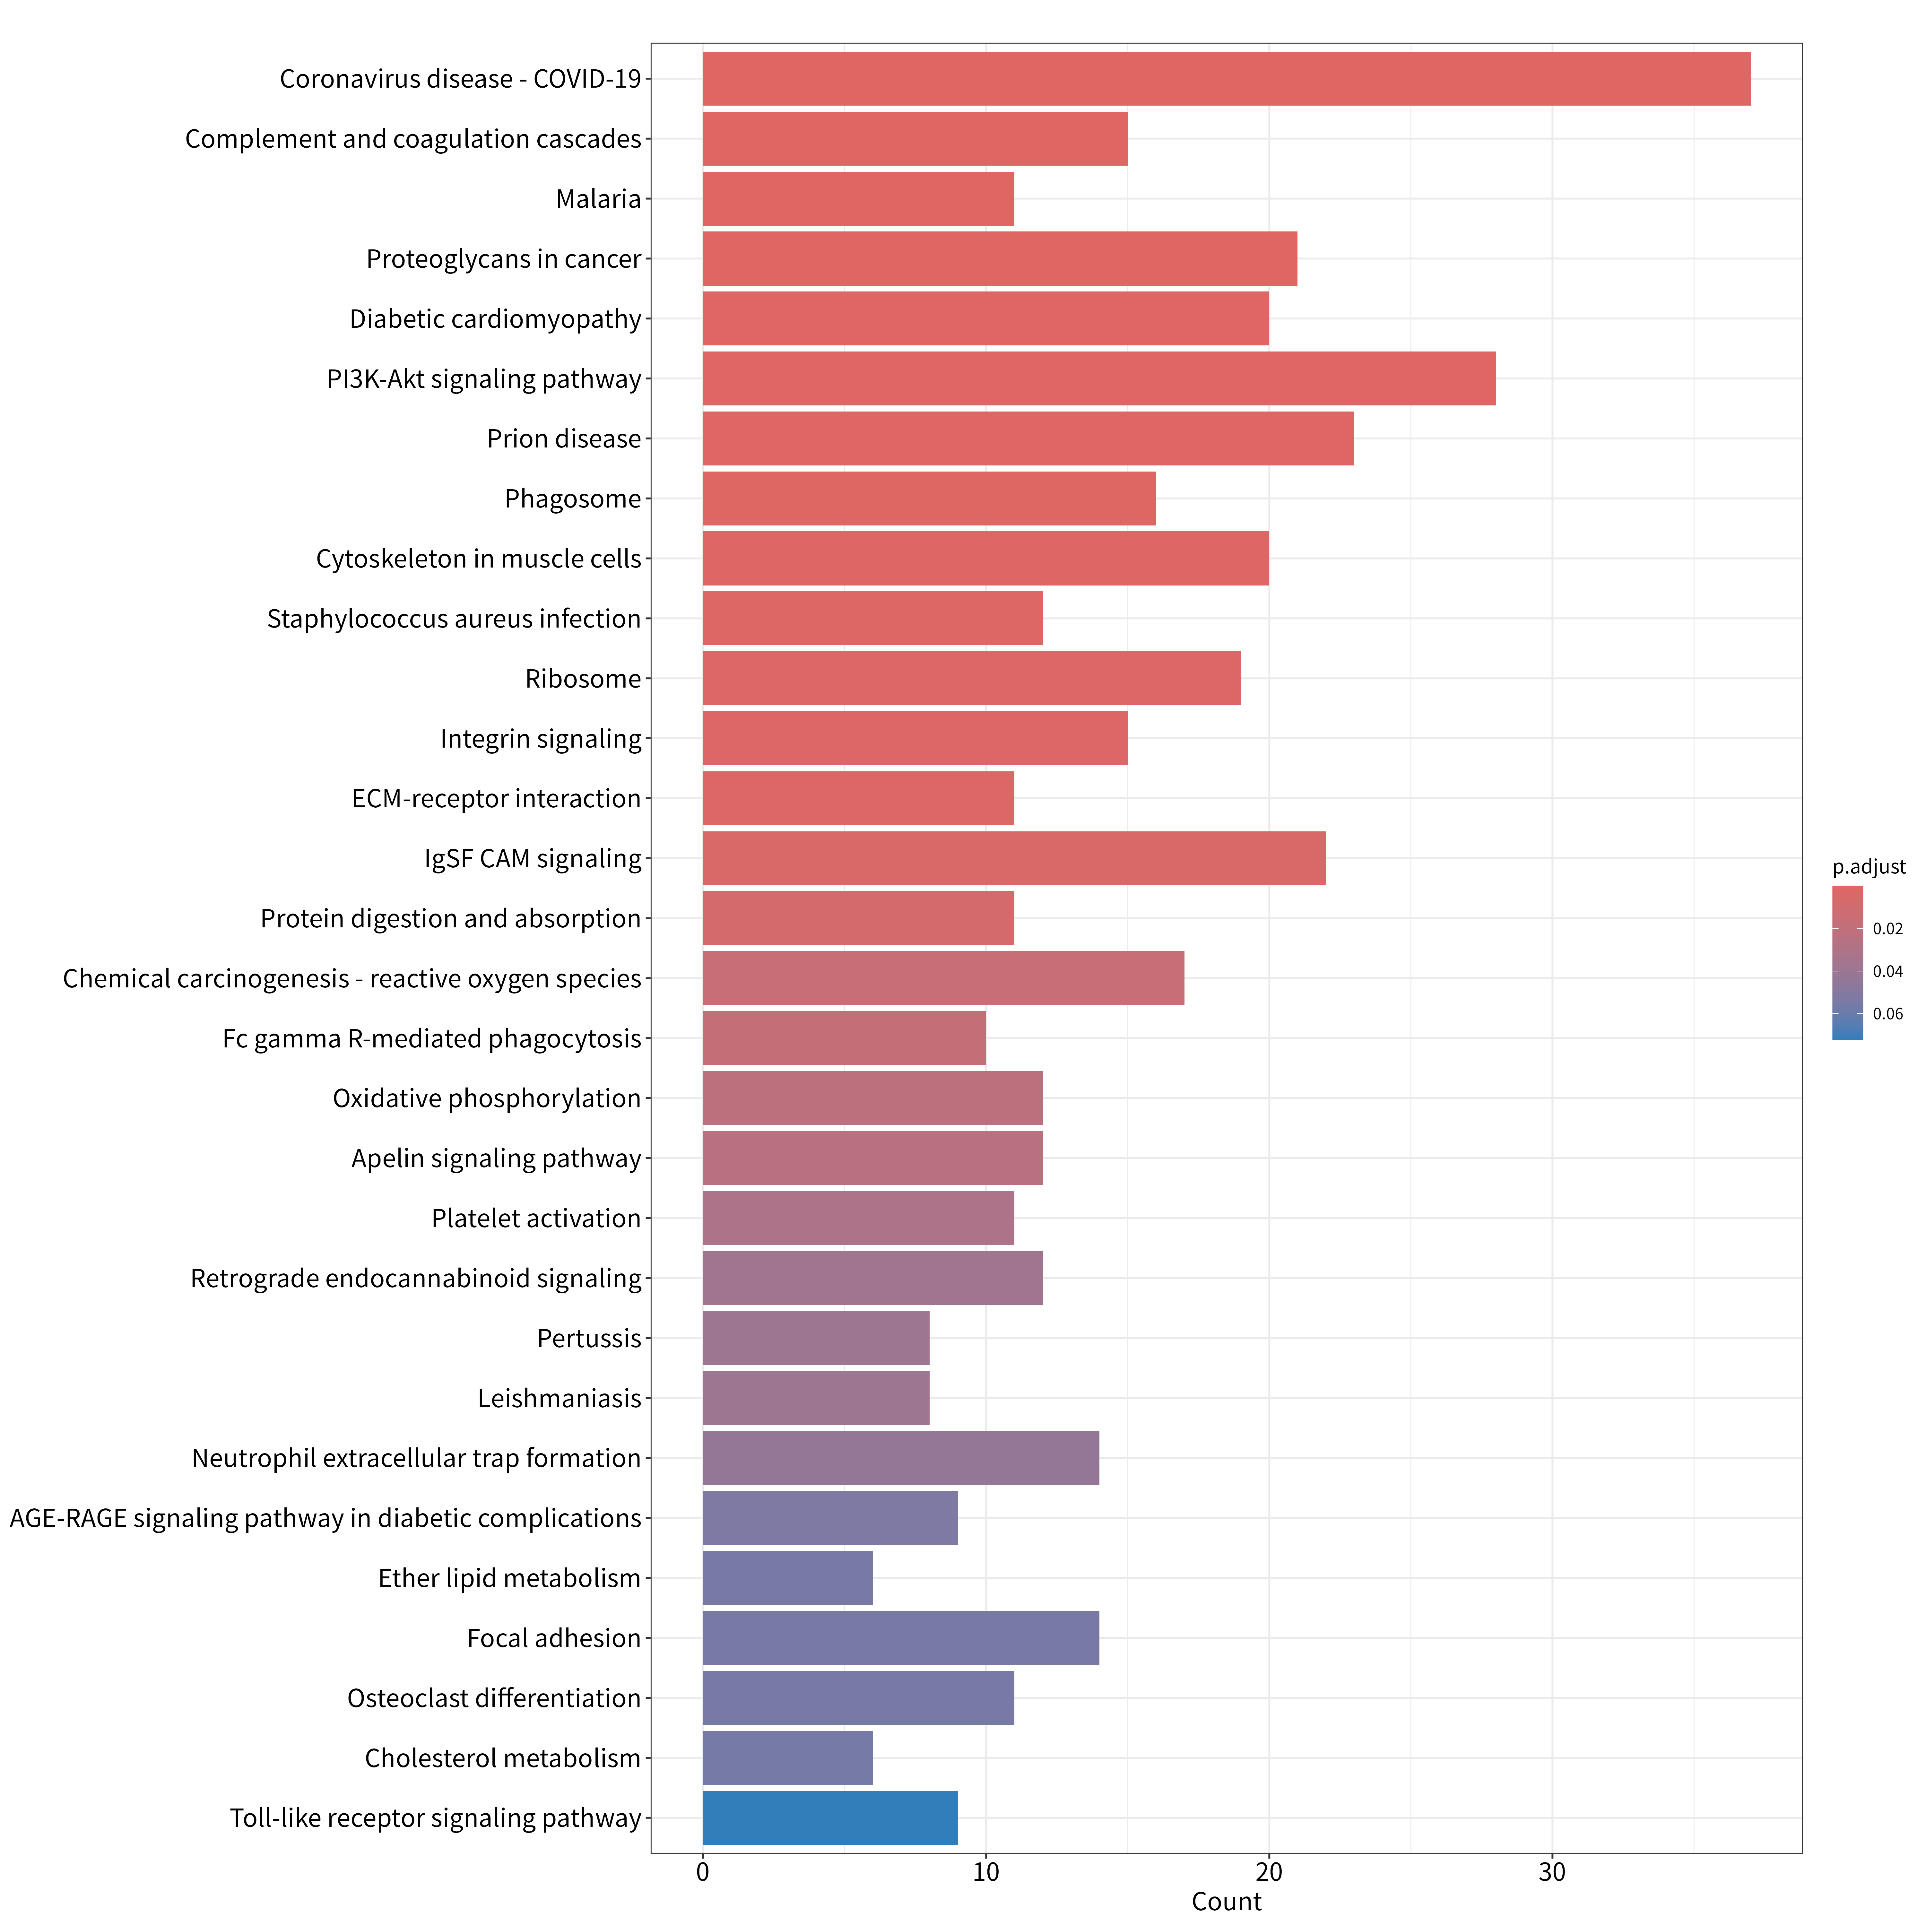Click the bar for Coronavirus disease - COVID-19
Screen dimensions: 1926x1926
1226,79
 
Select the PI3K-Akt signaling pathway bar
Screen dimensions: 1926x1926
1098,379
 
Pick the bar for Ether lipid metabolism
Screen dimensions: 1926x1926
787,1578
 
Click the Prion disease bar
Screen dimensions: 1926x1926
1028,438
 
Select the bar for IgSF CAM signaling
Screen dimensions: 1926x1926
1014,858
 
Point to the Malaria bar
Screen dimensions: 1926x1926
858,198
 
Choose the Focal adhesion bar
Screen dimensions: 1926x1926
901,1638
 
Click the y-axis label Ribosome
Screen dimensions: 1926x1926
583,679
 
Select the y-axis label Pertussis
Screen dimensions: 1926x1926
589,1338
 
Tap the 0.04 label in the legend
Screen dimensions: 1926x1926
1888,971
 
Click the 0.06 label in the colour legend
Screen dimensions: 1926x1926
1888,1014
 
